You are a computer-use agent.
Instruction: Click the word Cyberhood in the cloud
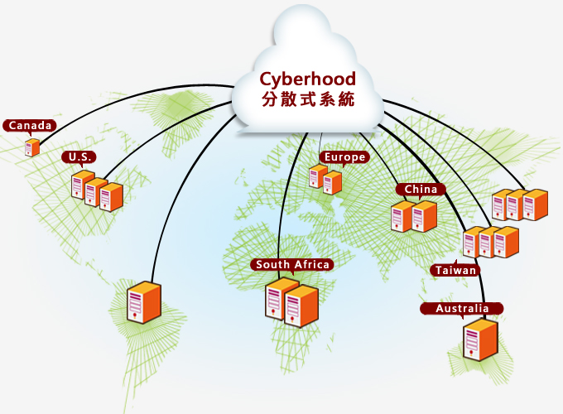307,79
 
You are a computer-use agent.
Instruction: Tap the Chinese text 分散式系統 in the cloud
307,99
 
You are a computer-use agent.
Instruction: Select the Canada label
30,126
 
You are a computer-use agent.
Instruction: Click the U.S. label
79,156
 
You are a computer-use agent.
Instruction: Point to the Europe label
344,157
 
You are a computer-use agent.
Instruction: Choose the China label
421,190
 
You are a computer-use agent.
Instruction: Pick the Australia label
462,309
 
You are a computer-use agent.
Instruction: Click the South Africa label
293,265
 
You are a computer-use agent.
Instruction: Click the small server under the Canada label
32,148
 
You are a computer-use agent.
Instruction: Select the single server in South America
143,302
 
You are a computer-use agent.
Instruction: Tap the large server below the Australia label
479,339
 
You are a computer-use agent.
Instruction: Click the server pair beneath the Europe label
325,179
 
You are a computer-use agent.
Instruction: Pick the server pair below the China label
413,215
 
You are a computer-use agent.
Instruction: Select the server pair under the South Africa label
292,302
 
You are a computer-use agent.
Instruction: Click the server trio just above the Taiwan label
490,241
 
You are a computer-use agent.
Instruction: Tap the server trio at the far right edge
520,205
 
